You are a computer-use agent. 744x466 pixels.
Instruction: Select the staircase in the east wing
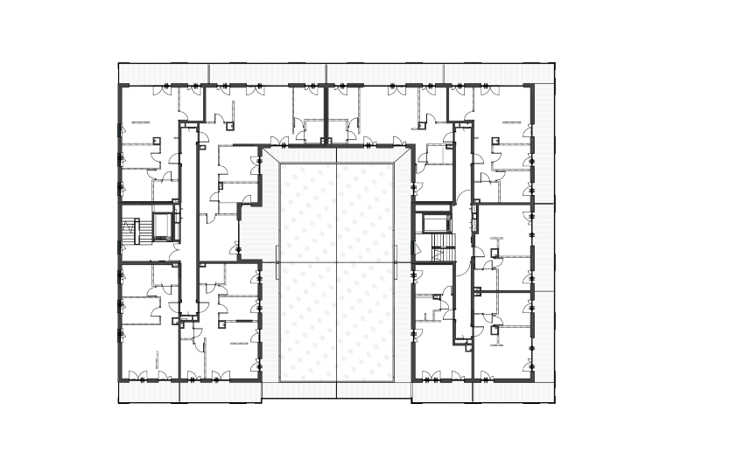[444, 247]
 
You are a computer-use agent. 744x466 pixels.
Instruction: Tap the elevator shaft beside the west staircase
[163, 225]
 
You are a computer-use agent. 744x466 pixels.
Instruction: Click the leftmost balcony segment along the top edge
[164, 73]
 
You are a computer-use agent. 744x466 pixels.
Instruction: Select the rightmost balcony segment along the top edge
[500, 73]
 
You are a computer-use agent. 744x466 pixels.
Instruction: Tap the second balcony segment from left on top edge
[267, 73]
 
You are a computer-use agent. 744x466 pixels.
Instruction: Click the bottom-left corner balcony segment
[149, 393]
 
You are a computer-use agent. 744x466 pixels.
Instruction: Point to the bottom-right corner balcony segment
[514, 393]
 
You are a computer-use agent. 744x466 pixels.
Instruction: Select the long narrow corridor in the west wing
[188, 219]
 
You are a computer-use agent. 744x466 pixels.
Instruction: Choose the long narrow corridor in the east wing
[462, 236]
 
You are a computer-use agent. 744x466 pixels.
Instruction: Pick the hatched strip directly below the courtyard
[337, 390]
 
